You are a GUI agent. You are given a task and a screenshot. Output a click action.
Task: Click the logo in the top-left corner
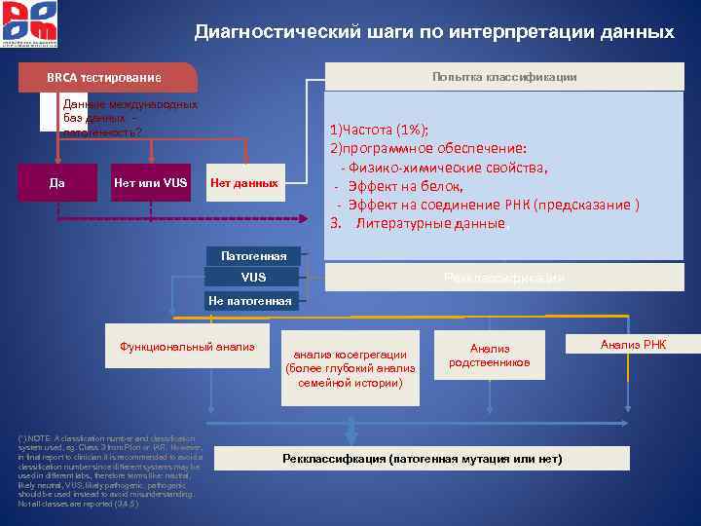tap(29, 24)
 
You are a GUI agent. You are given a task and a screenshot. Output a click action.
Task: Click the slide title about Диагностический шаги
tap(434, 32)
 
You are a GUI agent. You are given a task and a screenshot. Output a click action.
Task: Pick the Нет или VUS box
tap(149, 182)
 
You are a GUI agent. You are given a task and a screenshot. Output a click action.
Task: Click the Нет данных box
tap(244, 182)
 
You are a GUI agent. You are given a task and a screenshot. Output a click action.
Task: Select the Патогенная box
tap(254, 256)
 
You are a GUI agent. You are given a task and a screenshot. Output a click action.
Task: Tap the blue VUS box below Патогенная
tap(253, 279)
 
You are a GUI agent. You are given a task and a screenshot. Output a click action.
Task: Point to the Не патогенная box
tap(249, 301)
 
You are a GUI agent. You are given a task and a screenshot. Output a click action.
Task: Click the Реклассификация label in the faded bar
tap(503, 279)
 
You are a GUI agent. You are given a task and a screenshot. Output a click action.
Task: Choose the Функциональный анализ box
tap(187, 346)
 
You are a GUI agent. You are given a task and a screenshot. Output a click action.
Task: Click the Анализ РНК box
tap(633, 344)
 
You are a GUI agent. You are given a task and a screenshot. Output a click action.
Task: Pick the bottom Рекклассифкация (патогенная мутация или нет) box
tap(423, 459)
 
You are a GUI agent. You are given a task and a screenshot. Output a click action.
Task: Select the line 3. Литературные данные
tap(419, 223)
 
